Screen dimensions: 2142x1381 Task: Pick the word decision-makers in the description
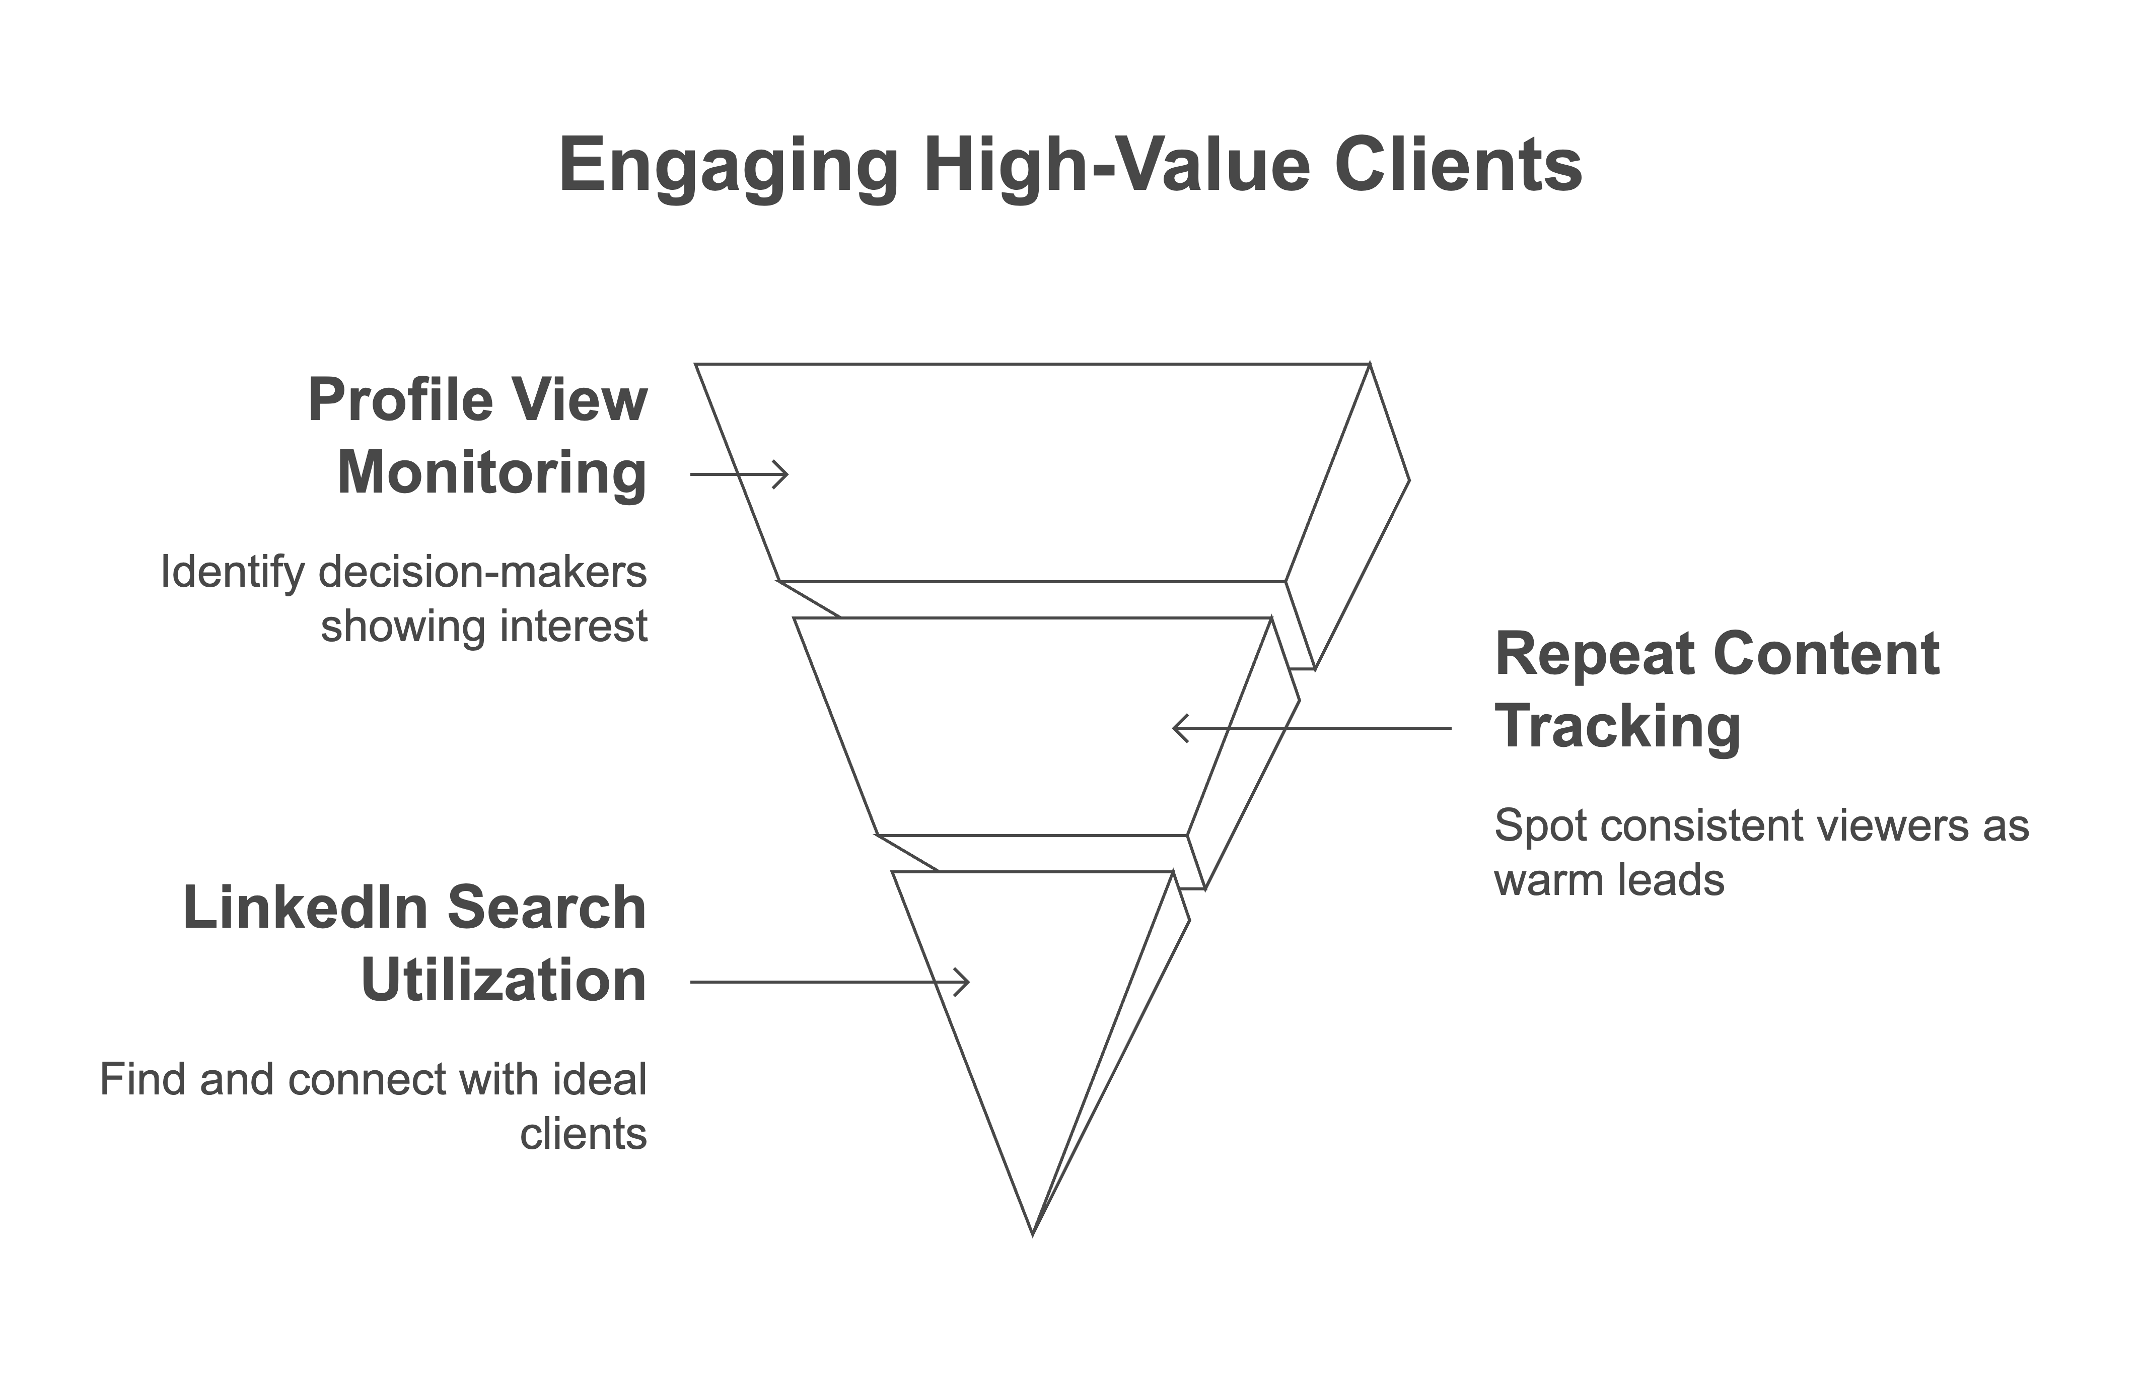coord(482,573)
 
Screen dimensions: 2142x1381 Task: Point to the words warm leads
coord(1609,880)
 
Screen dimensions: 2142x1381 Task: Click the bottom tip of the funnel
coord(1033,1235)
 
